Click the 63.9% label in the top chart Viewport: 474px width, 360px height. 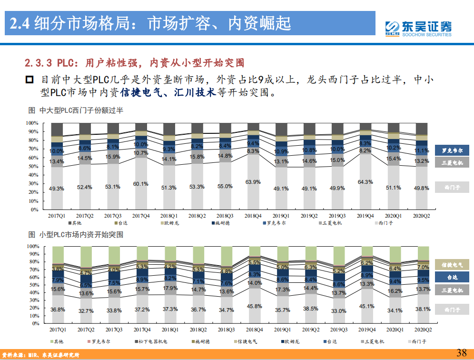coord(253,182)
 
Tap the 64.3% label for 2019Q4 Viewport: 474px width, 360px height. coord(365,181)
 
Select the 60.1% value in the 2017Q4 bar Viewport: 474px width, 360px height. coord(141,184)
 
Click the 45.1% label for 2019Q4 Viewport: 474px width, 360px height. coord(366,306)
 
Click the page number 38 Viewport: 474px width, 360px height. coord(461,352)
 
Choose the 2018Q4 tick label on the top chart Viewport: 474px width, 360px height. coord(253,216)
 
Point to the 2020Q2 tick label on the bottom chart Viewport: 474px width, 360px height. coord(422,330)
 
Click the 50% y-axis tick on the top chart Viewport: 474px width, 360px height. coord(32,166)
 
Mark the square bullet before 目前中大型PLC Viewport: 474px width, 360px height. coord(30,80)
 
